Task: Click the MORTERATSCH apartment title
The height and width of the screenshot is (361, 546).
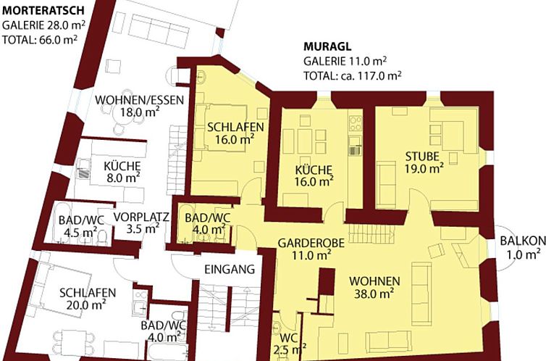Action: tap(43, 10)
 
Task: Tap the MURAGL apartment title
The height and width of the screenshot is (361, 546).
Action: tap(327, 46)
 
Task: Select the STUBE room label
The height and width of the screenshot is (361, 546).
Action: tap(422, 156)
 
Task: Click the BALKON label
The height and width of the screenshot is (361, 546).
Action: tap(523, 241)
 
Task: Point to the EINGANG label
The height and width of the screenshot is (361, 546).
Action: tap(230, 270)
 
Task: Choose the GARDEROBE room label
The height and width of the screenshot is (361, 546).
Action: tap(311, 243)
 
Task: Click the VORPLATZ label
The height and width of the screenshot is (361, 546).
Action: tap(141, 217)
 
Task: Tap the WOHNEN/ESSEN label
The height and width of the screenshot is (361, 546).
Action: tap(139, 100)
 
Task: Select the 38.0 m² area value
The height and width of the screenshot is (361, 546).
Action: tap(374, 294)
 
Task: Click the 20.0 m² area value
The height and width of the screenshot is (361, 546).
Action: tap(86, 305)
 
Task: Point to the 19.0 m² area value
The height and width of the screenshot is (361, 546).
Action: tap(424, 168)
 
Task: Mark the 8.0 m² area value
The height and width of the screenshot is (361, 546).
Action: tap(123, 178)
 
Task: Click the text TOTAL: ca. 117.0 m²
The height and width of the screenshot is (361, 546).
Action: tap(353, 75)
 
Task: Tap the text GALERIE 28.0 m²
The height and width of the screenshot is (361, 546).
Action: tap(43, 25)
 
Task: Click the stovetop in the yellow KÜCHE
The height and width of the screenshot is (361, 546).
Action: tap(355, 123)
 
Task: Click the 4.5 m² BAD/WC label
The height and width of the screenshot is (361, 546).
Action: tap(81, 226)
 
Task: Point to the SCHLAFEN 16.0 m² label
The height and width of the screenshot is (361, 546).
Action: tap(235, 133)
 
